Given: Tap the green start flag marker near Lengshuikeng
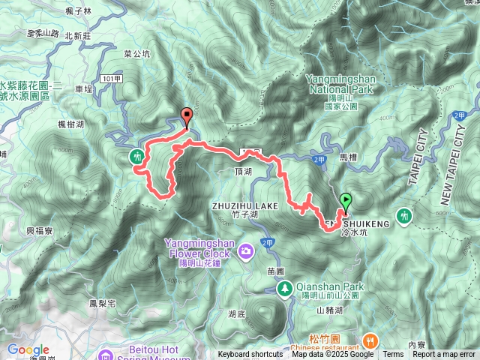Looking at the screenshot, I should tap(346, 201).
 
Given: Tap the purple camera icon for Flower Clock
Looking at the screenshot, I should tap(245, 250).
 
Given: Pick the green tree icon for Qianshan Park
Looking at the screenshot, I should tap(285, 288).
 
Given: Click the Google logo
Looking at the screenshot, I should tap(28, 349).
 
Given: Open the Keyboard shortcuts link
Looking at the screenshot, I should tap(250, 355).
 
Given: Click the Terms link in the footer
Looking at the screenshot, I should tap(392, 355).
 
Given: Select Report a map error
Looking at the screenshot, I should tap(444, 355).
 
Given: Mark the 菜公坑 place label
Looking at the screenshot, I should tap(137, 54).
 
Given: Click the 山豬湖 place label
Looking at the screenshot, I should tap(329, 310).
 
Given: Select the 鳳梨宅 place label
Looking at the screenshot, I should tap(101, 304).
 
